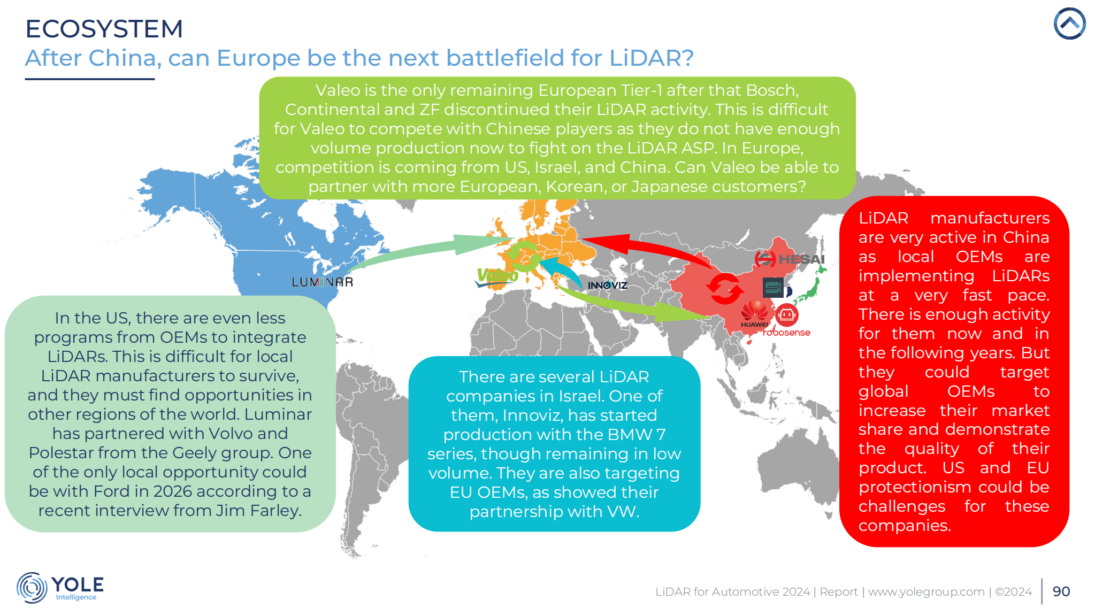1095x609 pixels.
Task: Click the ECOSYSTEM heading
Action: (104, 29)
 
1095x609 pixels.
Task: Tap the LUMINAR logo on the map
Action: (323, 282)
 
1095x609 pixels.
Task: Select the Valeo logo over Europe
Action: (497, 276)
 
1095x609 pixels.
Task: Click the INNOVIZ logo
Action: (608, 286)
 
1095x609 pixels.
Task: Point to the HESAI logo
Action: (790, 259)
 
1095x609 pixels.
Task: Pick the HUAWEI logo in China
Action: (754, 314)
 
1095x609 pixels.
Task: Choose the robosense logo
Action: (786, 321)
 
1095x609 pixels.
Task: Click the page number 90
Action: (1061, 591)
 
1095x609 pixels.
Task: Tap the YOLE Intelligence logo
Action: (60, 588)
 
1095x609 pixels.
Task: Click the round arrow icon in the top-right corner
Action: (1069, 24)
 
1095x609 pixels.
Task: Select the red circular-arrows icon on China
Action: (724, 289)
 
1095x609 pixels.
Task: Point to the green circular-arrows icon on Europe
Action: (524, 256)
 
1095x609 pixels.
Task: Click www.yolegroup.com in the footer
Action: (926, 592)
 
